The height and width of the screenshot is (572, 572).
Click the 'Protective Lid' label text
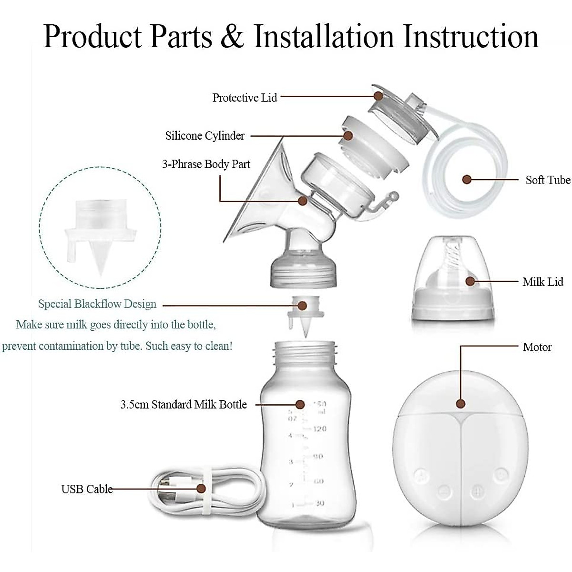[245, 98]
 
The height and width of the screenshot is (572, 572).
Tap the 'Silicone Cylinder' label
[205, 136]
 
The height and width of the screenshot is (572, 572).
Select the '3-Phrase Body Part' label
[206, 164]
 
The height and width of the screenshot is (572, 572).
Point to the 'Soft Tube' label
[548, 180]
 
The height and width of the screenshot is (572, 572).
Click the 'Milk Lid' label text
[542, 282]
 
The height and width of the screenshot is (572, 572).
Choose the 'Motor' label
[537, 347]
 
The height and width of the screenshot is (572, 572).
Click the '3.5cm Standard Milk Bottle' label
[184, 405]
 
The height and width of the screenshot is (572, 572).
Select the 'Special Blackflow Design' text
[97, 304]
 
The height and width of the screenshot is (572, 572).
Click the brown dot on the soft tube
[467, 180]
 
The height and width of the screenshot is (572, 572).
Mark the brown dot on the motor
[460, 404]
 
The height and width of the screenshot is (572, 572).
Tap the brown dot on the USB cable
[201, 489]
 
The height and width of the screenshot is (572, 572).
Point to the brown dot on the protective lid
[378, 96]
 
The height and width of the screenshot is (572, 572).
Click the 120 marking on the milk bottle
[319, 429]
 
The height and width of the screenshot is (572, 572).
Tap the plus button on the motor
[478, 491]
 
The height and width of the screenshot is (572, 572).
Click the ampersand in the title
[232, 36]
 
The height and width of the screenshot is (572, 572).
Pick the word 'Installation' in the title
[324, 36]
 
